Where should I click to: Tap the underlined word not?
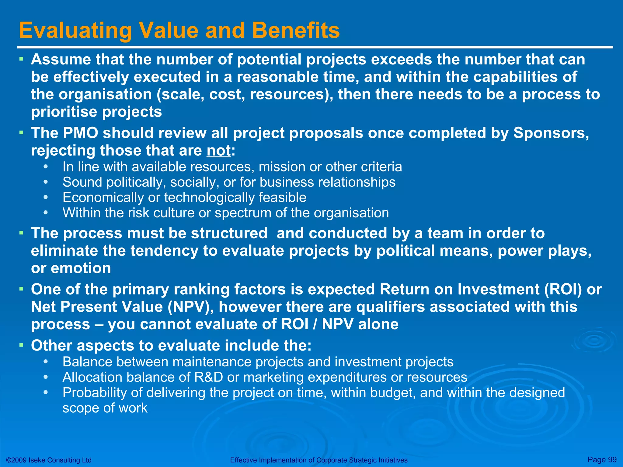(218, 150)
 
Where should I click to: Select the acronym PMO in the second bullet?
(81, 133)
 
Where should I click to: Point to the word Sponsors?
(551, 133)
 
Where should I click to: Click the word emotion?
(81, 268)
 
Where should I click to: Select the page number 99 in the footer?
(612, 460)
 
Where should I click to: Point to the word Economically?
(103, 198)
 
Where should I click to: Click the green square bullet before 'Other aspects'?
(21, 345)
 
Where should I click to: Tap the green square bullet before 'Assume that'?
(21, 58)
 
